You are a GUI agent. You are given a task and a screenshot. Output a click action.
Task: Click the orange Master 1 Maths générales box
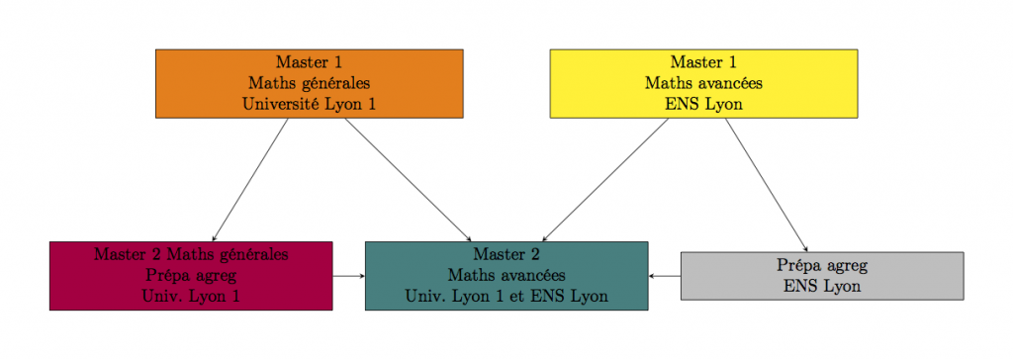point(309,83)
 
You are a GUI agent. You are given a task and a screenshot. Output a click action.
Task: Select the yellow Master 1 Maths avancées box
point(703,83)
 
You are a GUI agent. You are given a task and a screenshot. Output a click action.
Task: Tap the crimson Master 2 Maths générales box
point(191,275)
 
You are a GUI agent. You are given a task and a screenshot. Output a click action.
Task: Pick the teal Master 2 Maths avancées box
point(506,275)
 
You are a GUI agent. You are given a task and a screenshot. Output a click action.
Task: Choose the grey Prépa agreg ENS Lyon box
point(821,276)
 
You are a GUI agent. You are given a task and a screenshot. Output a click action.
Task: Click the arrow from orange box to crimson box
point(250,179)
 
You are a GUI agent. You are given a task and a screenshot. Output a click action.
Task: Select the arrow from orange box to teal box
point(406,179)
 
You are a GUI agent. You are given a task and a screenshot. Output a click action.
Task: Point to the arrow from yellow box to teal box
point(605,179)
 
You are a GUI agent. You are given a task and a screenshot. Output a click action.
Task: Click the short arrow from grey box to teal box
point(665,276)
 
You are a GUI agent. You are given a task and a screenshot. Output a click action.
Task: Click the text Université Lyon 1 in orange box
point(309,104)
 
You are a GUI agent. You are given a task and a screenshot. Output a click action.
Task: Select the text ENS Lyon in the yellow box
point(703,104)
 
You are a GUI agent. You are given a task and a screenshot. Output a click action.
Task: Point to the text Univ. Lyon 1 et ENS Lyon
point(506,295)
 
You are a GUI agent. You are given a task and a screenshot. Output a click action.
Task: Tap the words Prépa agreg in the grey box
point(821,266)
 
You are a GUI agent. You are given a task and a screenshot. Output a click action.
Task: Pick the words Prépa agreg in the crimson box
point(191,275)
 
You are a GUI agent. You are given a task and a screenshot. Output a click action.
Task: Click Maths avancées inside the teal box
point(506,275)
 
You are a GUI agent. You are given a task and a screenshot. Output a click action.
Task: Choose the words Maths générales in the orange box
point(309,83)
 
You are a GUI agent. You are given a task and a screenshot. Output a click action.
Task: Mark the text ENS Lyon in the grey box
point(821,286)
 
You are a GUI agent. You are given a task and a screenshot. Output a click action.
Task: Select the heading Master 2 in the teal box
point(506,254)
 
